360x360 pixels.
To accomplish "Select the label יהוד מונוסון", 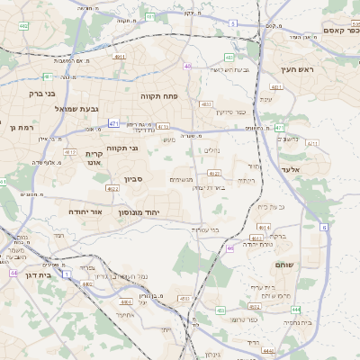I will pos(139,211).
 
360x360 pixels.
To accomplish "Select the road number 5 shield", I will pos(233,22).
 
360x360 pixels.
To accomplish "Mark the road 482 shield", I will pos(22,25).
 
